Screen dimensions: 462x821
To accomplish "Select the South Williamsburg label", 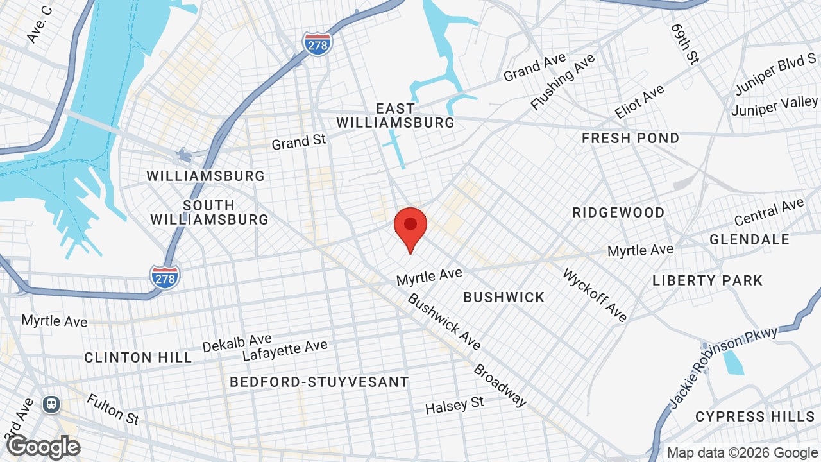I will click(209, 212).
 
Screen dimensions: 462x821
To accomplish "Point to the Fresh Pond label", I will click(630, 138).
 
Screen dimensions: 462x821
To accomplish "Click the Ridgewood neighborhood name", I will click(618, 212).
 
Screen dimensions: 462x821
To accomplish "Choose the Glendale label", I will click(749, 239).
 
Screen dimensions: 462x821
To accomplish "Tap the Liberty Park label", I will click(707, 280).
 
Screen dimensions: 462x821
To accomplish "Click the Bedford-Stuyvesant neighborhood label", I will click(319, 382).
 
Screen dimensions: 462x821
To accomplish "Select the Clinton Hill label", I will click(138, 357).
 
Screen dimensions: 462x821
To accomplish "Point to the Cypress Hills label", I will click(755, 416).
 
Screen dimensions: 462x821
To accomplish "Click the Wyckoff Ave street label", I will click(595, 295).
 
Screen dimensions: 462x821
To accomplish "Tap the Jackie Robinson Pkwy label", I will click(724, 367).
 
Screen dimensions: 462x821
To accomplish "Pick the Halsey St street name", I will click(455, 405).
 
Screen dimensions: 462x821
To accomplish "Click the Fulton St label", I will click(113, 409).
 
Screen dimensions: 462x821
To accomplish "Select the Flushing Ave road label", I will click(563, 81).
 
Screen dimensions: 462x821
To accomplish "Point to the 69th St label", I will click(684, 44).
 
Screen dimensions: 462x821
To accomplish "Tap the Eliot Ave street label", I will click(639, 102).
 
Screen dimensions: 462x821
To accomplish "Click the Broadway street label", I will click(500, 386).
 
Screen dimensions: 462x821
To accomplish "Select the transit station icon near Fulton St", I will click(51, 404).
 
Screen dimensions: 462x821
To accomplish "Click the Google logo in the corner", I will click(44, 447).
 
